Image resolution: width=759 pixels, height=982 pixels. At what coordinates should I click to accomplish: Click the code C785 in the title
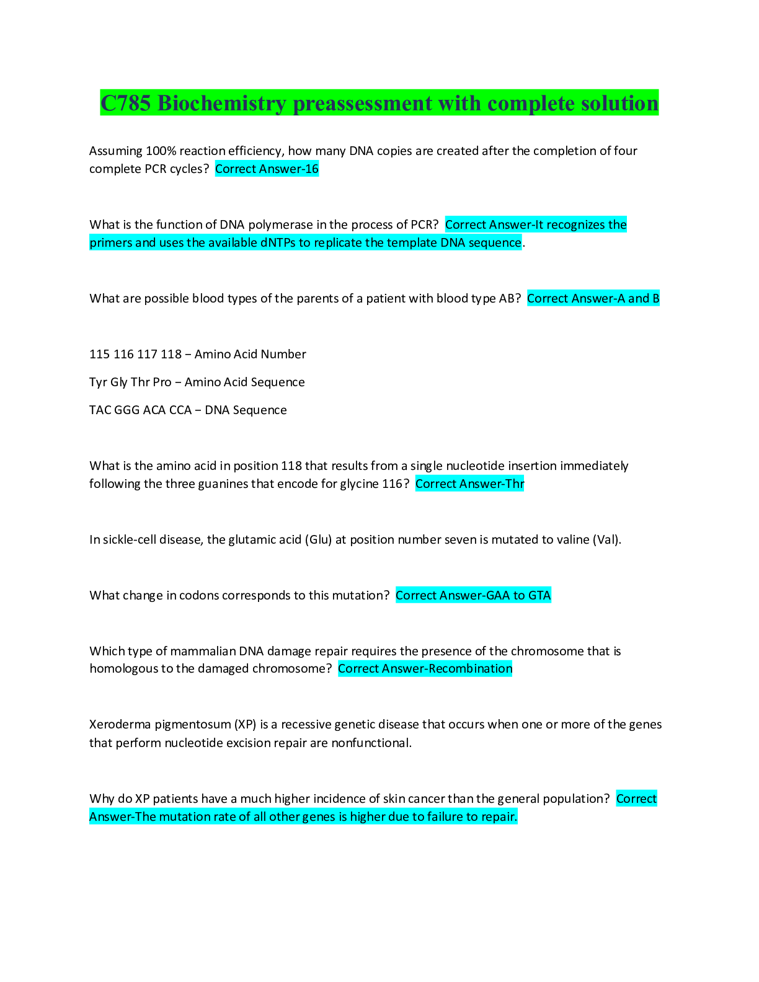[x=126, y=103]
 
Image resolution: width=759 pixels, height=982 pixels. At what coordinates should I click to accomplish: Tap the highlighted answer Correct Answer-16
[x=267, y=169]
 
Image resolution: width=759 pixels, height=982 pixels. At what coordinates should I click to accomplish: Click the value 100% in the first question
[x=161, y=151]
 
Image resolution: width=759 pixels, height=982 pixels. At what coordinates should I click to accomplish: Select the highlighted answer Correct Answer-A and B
[x=593, y=298]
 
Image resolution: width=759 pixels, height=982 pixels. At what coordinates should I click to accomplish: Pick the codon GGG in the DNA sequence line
[x=126, y=410]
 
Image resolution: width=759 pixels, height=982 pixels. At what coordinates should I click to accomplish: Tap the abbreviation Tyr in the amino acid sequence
[x=98, y=382]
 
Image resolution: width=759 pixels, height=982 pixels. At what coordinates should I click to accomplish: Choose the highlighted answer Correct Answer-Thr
[x=469, y=484]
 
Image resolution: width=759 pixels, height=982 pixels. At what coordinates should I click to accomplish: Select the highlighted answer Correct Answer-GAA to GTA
[x=473, y=595]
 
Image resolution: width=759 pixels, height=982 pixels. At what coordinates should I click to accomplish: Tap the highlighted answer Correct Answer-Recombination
[x=425, y=668]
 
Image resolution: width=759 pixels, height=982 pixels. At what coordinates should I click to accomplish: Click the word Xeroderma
[x=119, y=724]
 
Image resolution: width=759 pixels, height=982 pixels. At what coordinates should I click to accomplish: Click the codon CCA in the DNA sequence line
[x=180, y=410]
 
